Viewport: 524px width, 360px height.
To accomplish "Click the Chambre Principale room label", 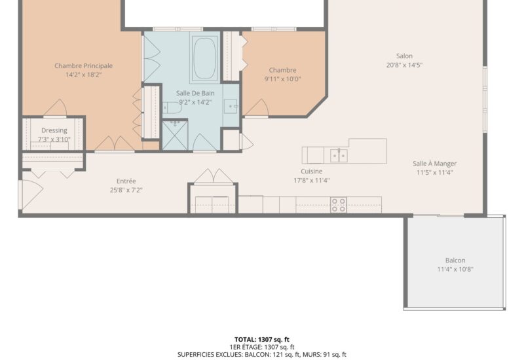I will pos(83,65).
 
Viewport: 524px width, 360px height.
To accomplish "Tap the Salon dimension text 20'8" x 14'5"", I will pos(404,65).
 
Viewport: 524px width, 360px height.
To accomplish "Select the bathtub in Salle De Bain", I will pos(206,58).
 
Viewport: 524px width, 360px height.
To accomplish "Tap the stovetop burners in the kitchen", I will pos(339,204).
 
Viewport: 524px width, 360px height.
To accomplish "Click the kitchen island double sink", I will pos(339,155).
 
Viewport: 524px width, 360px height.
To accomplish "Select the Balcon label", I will pos(455,260).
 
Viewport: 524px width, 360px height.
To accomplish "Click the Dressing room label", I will pos(54,130).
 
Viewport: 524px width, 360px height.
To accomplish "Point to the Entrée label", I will pos(126,181).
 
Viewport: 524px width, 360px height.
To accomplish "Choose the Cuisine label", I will pos(311,171).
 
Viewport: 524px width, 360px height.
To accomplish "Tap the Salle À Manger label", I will pos(435,164).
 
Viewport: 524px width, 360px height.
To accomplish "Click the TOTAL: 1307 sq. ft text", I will pos(261,339).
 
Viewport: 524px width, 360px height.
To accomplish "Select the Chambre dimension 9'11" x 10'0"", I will pos(282,79).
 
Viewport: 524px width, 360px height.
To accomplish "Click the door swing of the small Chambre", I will pos(257,108).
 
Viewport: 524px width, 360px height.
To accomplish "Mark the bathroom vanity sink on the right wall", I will pos(231,106).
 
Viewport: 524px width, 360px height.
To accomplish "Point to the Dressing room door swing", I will pos(55,108).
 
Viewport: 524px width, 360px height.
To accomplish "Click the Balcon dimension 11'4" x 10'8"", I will pos(455,269).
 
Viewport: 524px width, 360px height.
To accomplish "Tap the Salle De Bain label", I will pos(195,93).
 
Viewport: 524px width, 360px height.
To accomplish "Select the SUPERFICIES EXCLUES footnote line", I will pos(261,355).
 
